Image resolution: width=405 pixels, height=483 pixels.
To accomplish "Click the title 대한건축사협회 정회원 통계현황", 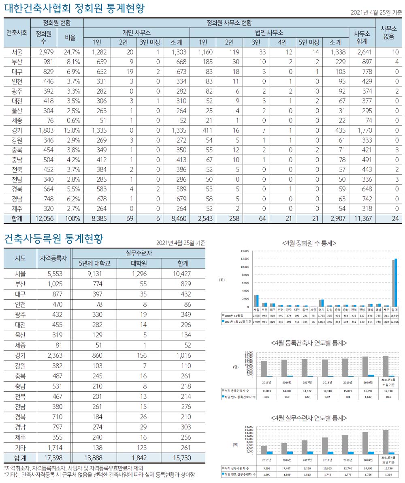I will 74,9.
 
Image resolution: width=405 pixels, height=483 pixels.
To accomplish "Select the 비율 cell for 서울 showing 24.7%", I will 72,52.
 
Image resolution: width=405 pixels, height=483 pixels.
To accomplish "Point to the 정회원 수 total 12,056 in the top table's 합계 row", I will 44,218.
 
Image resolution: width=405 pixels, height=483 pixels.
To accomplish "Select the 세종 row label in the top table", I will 17,120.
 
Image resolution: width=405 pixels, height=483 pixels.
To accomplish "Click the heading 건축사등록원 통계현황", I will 54,239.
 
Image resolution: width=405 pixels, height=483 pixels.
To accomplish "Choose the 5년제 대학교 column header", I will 94,263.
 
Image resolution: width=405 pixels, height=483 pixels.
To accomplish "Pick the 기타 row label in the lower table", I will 20,448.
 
